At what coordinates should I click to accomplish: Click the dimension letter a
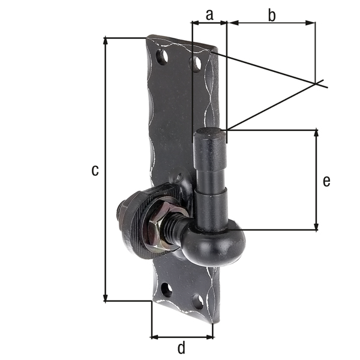(209, 15)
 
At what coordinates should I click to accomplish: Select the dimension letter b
(271, 15)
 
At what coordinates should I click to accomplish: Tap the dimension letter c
(95, 170)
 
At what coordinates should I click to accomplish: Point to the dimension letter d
(181, 347)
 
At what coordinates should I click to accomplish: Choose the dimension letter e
(326, 180)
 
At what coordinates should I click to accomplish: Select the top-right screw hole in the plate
(195, 62)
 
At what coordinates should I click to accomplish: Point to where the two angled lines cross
(316, 83)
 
